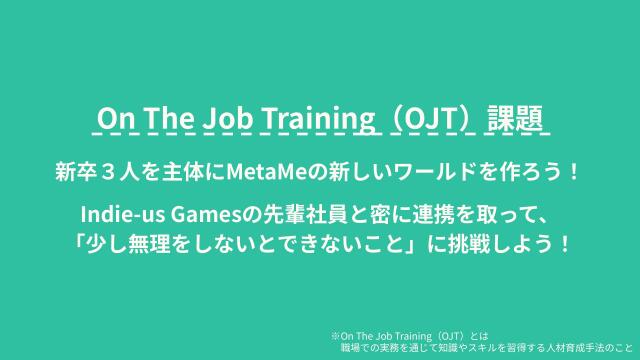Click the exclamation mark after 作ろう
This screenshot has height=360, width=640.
click(x=572, y=171)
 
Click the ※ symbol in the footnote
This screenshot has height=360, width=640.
click(x=335, y=336)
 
